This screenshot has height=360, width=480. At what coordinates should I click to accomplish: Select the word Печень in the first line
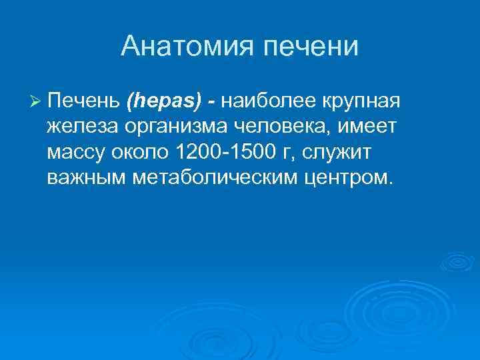83,102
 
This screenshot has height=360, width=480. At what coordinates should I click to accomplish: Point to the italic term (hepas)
162,103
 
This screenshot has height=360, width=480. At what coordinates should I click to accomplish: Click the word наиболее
269,102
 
